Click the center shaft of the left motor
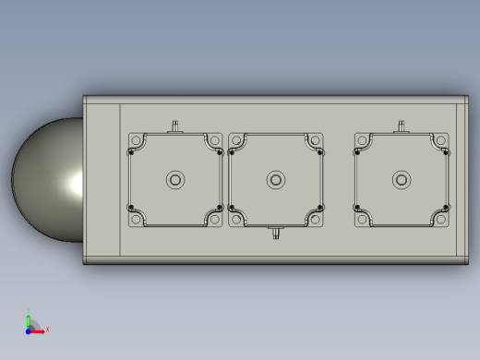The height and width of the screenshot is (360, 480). point(174,180)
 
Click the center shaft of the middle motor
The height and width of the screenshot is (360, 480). point(274,180)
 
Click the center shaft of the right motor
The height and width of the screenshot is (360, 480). point(402,180)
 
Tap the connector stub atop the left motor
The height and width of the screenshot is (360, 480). point(174,125)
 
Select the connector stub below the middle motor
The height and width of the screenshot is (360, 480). point(274,234)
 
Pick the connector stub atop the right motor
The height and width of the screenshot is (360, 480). point(402,125)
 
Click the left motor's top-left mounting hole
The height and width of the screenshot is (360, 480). point(134,140)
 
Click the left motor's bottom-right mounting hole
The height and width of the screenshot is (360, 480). point(214,220)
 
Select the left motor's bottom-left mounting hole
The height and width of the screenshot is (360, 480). point(134,220)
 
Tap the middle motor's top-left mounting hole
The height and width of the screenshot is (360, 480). point(234,140)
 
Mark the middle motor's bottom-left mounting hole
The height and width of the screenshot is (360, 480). point(234,220)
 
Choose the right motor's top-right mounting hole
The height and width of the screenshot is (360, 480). point(442,140)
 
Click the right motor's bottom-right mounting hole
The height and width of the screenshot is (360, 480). point(442,220)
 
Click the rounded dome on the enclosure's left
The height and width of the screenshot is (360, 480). point(46,180)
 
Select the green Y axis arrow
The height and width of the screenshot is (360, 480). point(29,317)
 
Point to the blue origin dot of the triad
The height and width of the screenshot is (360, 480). point(29,329)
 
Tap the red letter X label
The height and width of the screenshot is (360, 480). point(47,329)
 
